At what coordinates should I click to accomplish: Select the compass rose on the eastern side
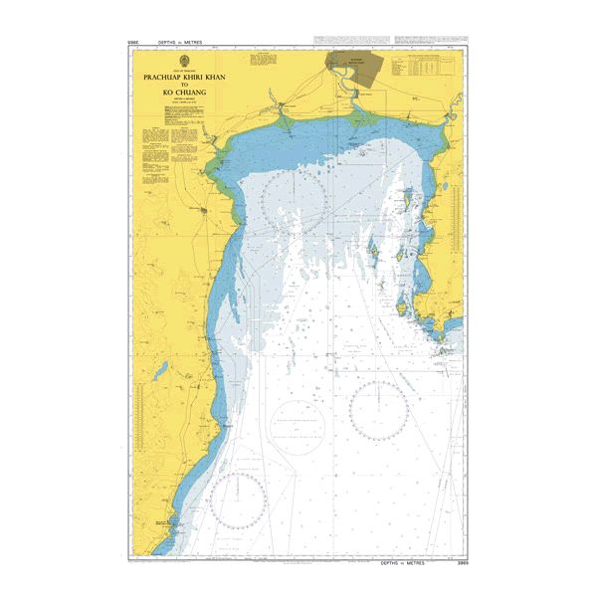pos(378,410)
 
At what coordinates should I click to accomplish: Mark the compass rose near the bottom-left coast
pos(237,497)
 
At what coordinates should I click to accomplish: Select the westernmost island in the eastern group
pos(370,250)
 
